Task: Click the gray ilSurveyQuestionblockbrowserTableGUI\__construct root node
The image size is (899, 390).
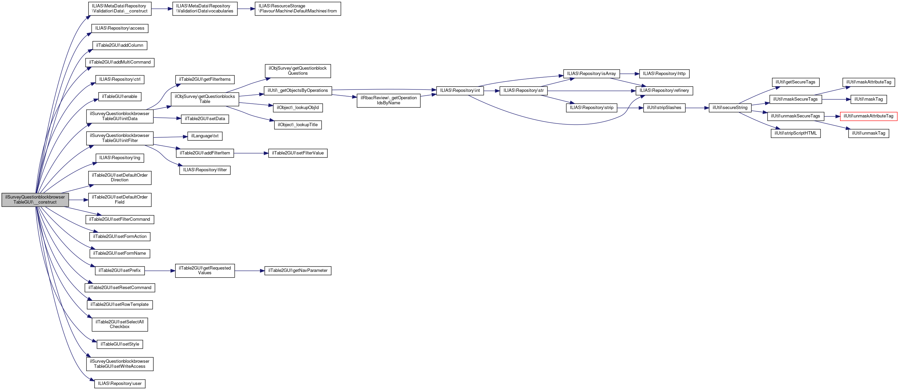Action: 35,200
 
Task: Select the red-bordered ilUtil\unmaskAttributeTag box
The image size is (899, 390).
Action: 868,116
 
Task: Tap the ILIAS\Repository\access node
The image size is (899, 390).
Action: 120,28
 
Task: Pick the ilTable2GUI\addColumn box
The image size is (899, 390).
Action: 120,45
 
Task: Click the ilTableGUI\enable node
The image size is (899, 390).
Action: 120,97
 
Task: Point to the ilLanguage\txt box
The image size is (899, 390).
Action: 205,136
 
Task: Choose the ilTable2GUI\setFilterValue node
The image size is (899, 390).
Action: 298,153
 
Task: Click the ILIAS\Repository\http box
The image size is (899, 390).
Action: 664,74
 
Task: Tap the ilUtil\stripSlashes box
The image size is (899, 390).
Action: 664,108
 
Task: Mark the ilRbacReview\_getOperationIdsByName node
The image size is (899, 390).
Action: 388,100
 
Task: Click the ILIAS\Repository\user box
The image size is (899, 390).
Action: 120,384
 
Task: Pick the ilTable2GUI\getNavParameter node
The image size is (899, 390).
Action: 298,271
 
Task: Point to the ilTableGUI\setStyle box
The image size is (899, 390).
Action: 120,344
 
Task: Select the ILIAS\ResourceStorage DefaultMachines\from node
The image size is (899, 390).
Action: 298,9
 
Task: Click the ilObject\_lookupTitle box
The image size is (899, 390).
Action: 298,125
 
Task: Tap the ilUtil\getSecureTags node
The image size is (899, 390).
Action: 795,82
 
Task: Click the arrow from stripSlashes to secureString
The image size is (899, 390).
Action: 697,108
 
